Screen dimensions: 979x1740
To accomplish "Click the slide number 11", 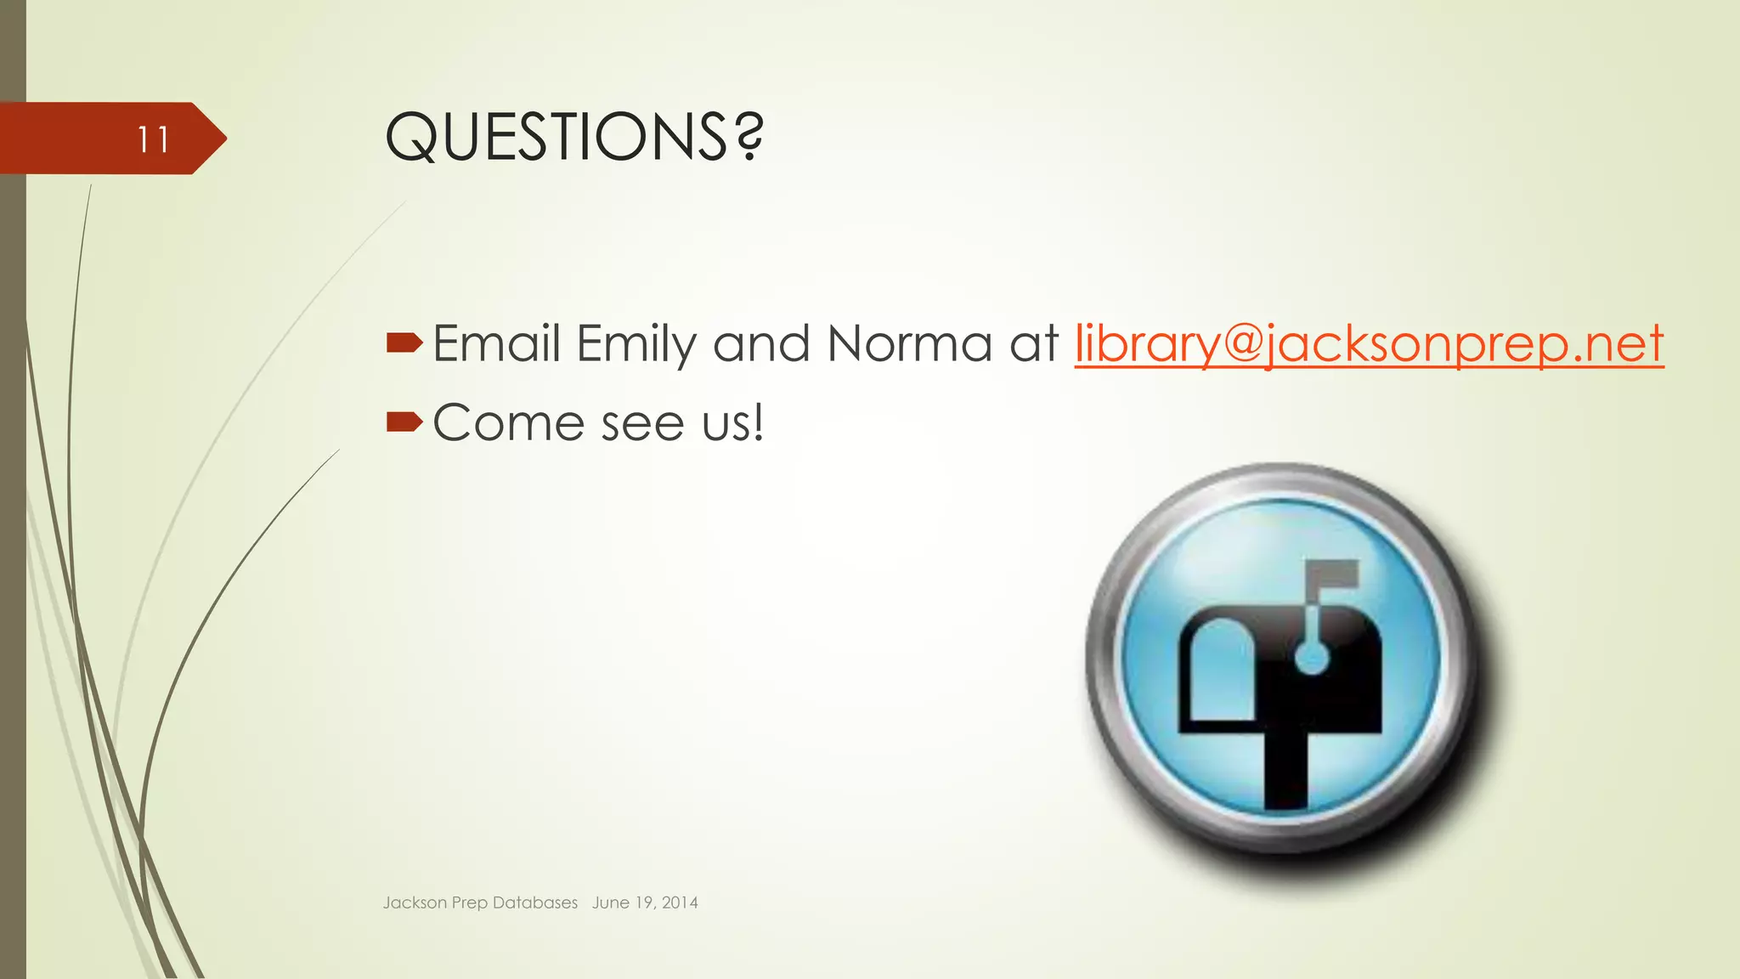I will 153,139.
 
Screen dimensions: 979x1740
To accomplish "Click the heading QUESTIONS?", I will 574,137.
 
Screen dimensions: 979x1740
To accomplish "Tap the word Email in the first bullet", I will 496,344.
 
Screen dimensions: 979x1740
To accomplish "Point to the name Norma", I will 909,344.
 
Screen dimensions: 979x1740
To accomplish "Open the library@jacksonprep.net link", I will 1369,345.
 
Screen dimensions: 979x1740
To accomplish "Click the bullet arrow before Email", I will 404,342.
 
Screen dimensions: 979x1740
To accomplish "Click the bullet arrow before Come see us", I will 404,421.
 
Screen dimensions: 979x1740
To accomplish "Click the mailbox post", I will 1285,769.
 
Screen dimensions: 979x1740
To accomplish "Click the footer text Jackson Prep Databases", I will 480,903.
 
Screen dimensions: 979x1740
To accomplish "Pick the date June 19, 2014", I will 645,903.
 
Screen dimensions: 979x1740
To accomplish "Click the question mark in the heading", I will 749,137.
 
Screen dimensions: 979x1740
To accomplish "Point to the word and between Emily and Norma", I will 761,344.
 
